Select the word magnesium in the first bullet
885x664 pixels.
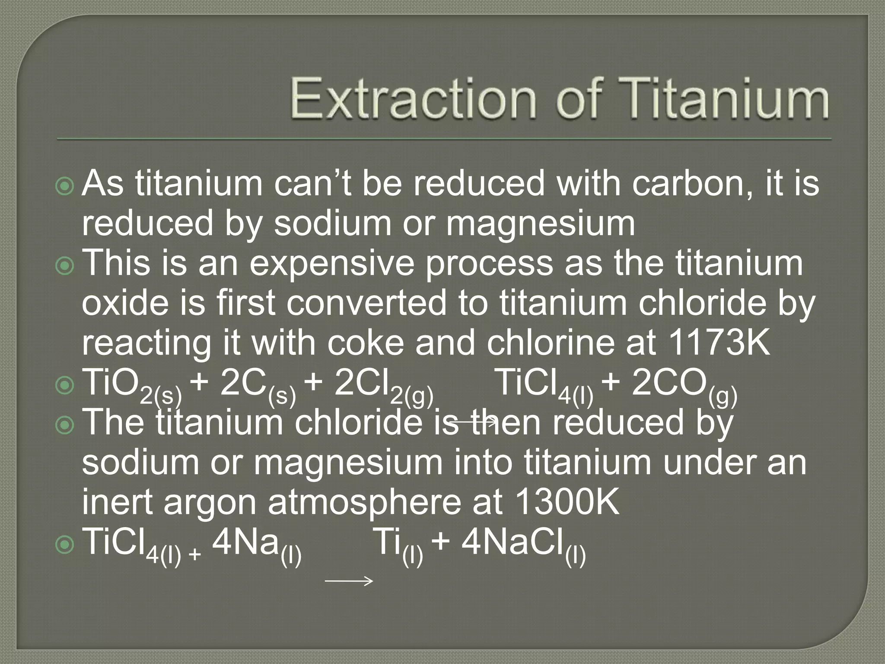click(x=540, y=224)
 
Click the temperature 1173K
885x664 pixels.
click(x=719, y=343)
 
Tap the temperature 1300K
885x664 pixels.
click(x=568, y=502)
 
